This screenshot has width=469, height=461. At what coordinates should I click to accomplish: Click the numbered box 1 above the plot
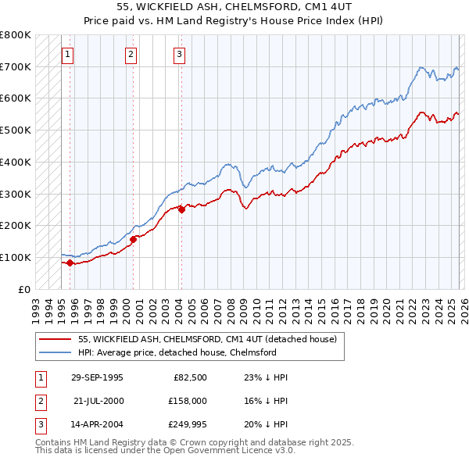(x=68, y=55)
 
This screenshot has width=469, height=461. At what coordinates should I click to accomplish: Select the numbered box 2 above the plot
(x=131, y=55)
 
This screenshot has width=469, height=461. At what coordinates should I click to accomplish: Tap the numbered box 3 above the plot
(x=179, y=55)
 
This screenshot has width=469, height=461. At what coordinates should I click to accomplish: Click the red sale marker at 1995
(x=70, y=263)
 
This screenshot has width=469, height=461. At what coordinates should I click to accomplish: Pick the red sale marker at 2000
(x=133, y=239)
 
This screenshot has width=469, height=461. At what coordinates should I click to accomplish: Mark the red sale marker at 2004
(x=181, y=209)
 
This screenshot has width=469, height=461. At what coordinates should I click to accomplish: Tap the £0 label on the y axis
(x=24, y=289)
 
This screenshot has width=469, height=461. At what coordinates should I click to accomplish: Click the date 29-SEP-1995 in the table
(x=97, y=377)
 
